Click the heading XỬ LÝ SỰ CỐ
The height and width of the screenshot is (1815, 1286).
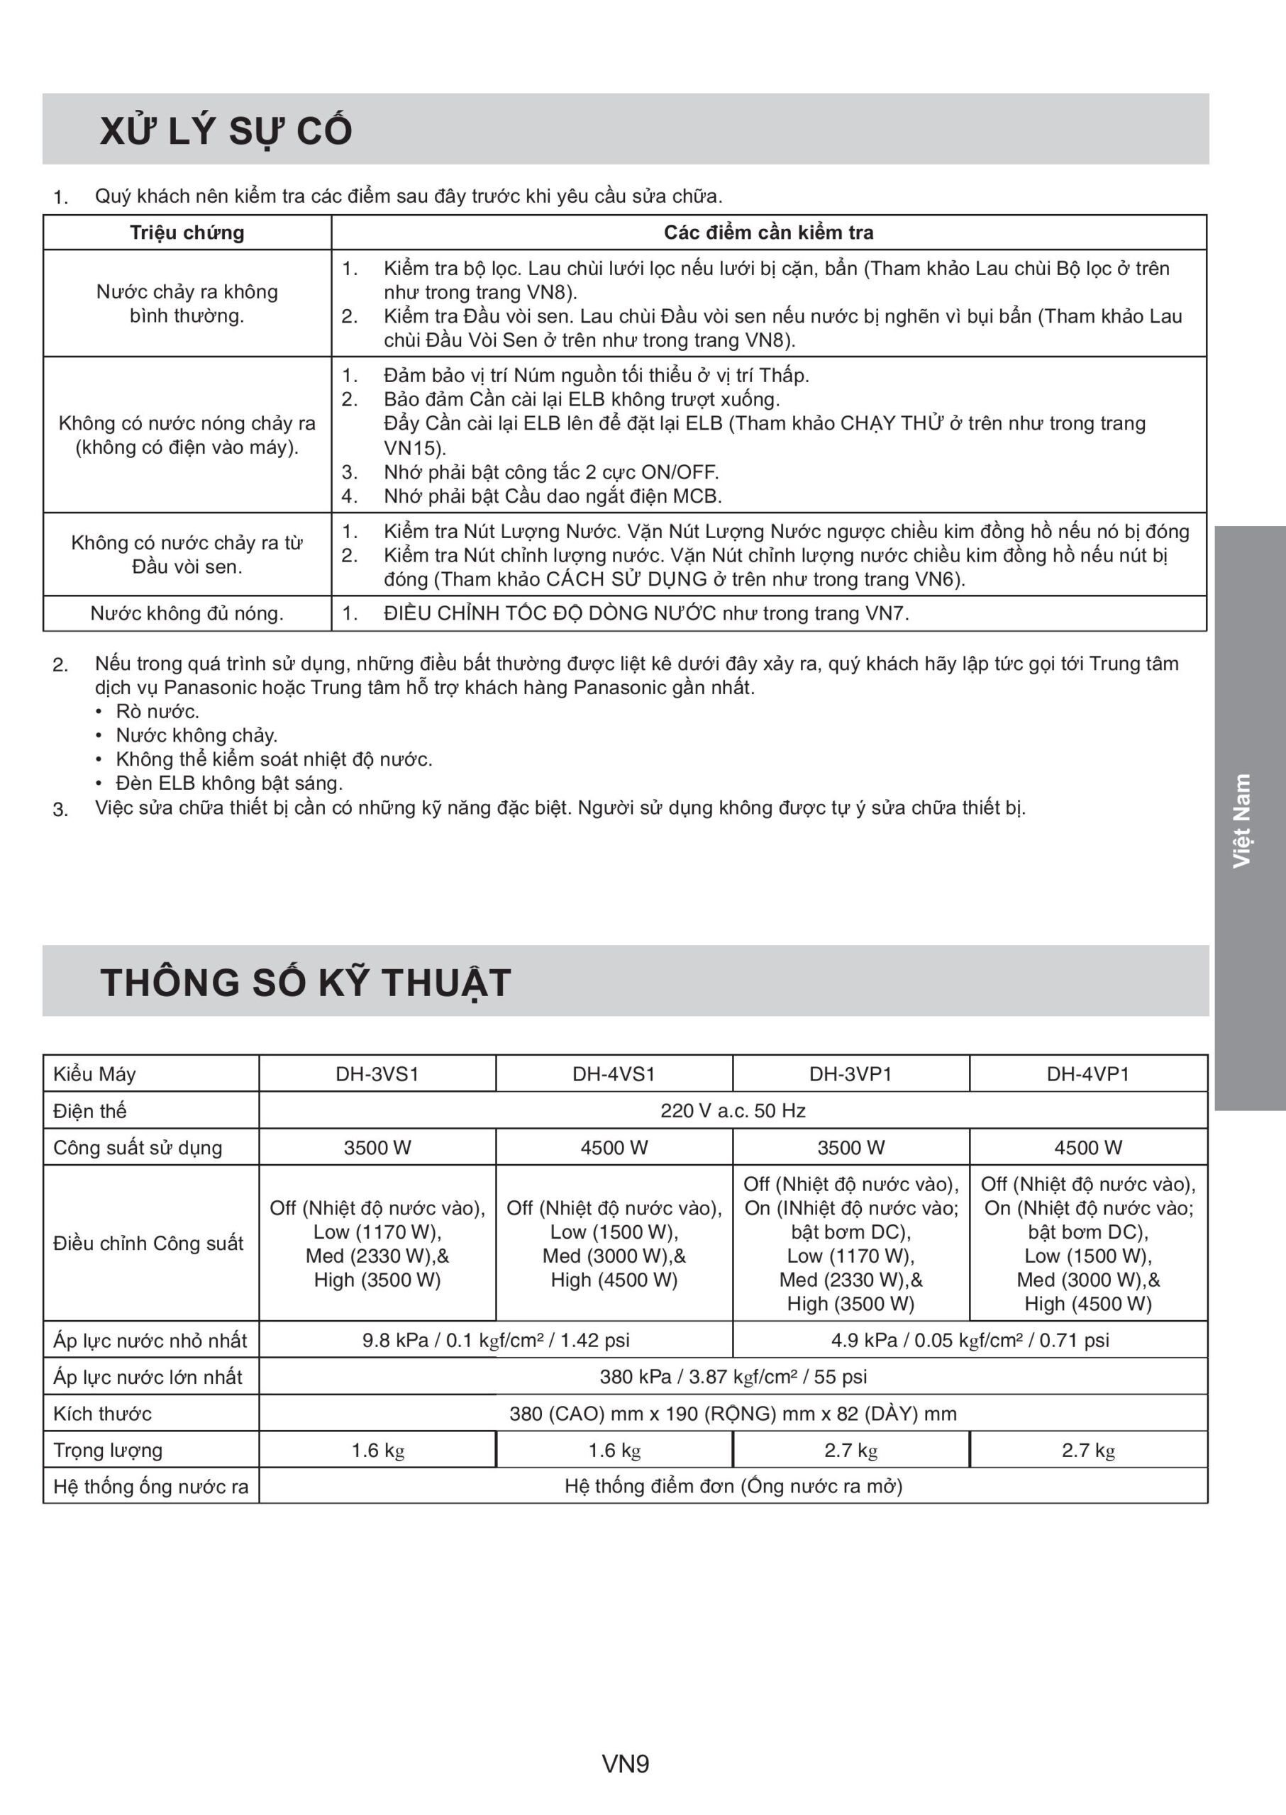(x=226, y=130)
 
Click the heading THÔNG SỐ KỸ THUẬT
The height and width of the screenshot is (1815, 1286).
(x=305, y=983)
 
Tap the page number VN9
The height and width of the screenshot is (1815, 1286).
(x=626, y=1763)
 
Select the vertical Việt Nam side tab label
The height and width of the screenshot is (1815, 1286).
(x=1241, y=820)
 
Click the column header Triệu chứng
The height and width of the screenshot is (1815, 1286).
(x=187, y=233)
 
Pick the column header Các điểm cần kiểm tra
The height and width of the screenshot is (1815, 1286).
(x=768, y=233)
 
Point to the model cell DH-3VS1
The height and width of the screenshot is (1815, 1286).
(x=377, y=1074)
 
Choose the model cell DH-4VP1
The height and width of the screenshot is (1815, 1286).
(x=1087, y=1074)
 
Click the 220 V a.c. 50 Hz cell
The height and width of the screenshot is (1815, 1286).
(x=733, y=1110)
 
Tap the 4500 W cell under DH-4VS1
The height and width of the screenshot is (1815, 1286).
(x=614, y=1148)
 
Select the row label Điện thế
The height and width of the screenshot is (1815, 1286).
(x=89, y=1111)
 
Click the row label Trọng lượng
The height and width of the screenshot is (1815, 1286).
(x=108, y=1450)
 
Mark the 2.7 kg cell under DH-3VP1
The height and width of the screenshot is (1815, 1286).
(x=850, y=1450)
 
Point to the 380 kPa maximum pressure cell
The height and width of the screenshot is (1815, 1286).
(x=733, y=1376)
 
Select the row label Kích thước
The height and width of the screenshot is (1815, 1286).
(x=102, y=1414)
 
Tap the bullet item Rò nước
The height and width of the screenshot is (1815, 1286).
(x=157, y=712)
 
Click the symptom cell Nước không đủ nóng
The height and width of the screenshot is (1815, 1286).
(x=187, y=613)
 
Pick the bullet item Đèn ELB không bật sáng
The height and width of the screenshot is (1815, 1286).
(x=229, y=783)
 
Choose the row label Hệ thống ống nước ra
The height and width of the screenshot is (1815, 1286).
(x=150, y=1487)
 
